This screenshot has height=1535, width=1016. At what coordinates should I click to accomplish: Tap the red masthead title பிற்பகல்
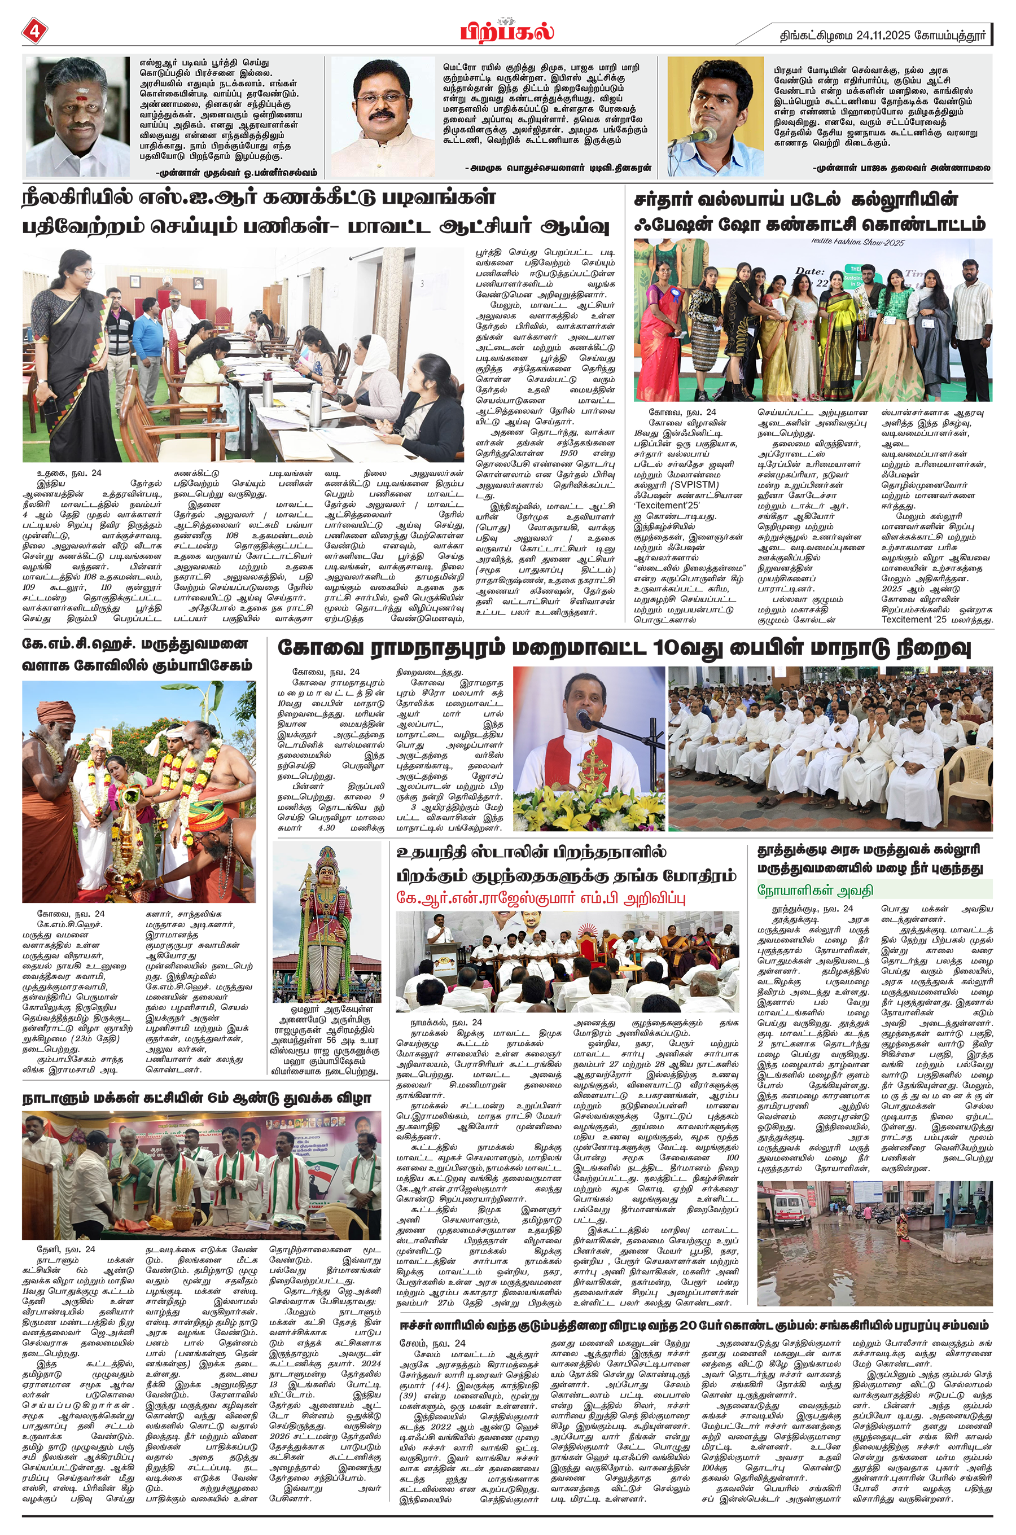[x=508, y=30]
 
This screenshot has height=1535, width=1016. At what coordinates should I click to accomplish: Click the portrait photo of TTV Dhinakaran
[x=383, y=117]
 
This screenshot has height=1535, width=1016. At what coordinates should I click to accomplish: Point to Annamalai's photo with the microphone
[x=715, y=117]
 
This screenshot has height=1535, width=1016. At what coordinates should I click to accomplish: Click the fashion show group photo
[x=813, y=320]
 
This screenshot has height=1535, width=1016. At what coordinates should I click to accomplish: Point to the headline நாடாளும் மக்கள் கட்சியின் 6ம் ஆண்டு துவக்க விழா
[x=196, y=1098]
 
